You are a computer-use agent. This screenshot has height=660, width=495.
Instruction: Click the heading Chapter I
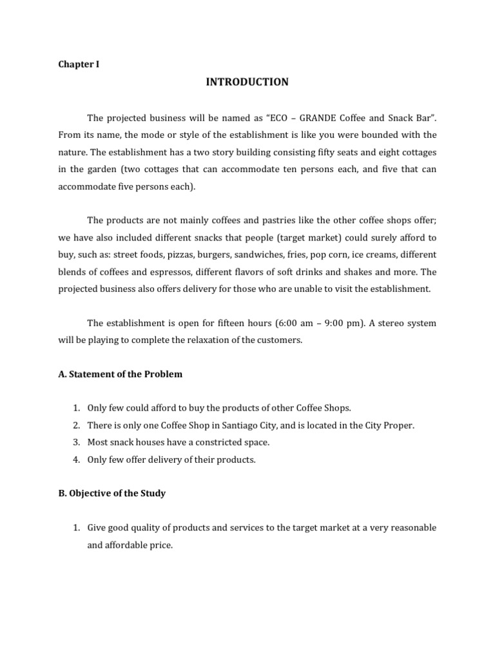[x=79, y=64]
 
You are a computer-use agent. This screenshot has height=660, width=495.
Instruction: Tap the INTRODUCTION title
[x=247, y=82]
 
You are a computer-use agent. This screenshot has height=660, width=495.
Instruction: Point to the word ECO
[x=269, y=118]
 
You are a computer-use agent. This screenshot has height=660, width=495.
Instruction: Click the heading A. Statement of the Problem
[x=120, y=374]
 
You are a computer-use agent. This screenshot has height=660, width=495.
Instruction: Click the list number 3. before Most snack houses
[x=75, y=442]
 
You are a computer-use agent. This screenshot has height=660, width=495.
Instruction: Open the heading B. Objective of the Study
[x=112, y=493]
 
